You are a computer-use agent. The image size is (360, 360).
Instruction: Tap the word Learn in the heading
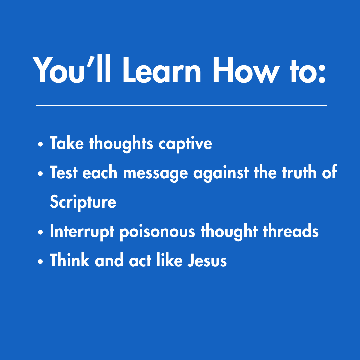click(x=163, y=71)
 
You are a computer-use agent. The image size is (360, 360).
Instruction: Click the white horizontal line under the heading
click(x=181, y=106)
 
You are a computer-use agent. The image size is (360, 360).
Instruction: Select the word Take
click(x=67, y=143)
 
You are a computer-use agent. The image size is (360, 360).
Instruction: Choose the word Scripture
click(x=83, y=202)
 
